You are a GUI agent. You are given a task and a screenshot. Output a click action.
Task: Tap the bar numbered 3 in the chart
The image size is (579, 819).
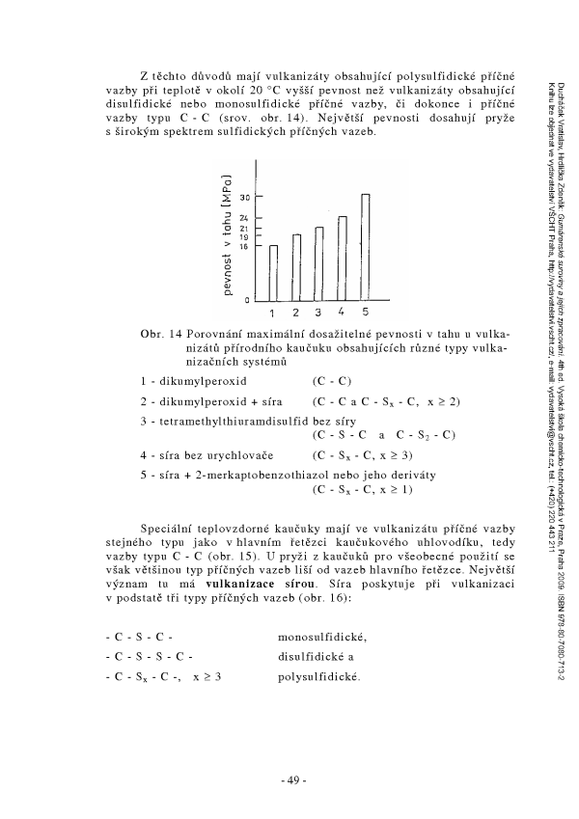[x=319, y=263]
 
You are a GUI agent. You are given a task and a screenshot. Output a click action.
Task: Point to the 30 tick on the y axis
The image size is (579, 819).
[x=246, y=196]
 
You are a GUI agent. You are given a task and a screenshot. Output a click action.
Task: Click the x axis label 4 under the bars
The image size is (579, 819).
[x=343, y=313]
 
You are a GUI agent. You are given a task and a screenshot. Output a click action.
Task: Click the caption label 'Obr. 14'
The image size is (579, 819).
[x=162, y=334]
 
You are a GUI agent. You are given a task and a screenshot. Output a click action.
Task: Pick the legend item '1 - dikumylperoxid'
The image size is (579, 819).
[x=194, y=381]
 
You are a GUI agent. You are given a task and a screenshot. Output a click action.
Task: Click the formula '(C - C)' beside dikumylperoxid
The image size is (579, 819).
[x=332, y=381]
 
